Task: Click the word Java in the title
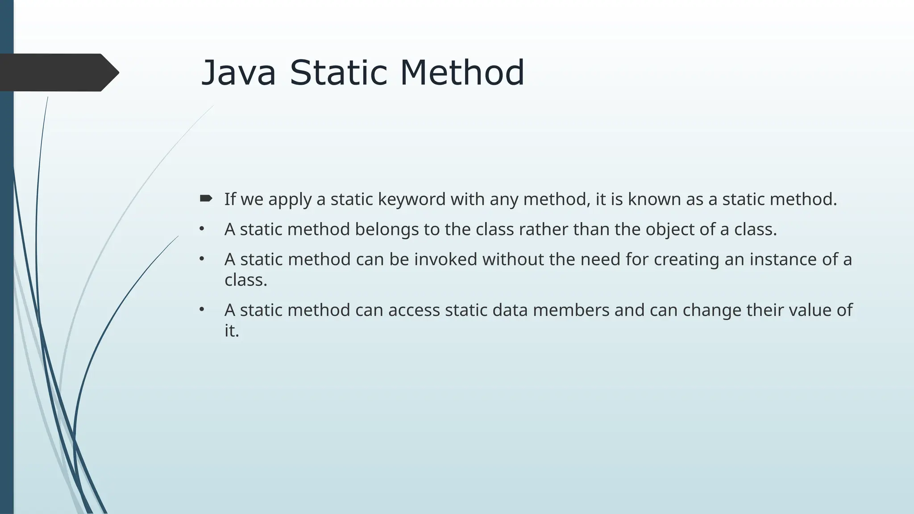click(238, 73)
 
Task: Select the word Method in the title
click(462, 73)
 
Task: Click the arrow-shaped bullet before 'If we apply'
click(206, 199)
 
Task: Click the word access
click(414, 310)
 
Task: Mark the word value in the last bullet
click(808, 310)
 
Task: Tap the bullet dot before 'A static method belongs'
click(202, 229)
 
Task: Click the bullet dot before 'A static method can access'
click(202, 309)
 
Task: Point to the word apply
click(290, 200)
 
